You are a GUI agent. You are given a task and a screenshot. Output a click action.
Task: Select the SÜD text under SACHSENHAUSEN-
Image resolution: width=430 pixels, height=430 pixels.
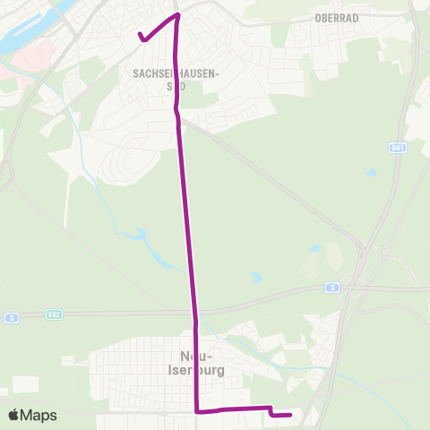point(176,90)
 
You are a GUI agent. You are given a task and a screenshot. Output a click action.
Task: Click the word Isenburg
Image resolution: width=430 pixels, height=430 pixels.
point(195,367)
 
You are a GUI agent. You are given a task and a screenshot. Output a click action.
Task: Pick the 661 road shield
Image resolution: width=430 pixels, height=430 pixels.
point(398,147)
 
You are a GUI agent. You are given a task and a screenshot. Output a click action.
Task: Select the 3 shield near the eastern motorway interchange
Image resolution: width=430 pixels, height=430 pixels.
point(332,288)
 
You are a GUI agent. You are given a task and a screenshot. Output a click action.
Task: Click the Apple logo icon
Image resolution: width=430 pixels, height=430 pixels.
point(15,415)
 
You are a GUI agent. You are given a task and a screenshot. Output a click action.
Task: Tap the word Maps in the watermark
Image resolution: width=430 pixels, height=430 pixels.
point(39,415)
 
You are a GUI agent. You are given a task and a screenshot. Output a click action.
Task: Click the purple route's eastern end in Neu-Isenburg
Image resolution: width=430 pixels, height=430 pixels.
point(291,415)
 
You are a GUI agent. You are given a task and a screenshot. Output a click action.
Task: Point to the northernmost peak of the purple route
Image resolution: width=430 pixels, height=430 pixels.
point(177,14)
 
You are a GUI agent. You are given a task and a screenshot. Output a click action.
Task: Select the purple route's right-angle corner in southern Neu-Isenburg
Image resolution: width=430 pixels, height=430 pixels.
point(197,411)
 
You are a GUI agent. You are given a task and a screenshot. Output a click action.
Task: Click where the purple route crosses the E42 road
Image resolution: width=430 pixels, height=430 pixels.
point(193,314)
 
